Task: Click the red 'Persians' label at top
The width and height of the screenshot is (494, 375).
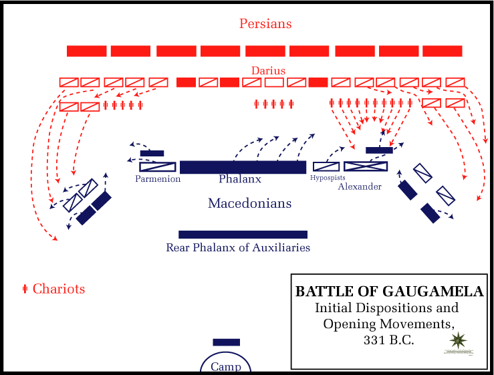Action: [x=265, y=24]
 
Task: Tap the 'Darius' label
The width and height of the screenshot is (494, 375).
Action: [x=268, y=70]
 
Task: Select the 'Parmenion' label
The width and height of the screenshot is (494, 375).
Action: [x=158, y=179]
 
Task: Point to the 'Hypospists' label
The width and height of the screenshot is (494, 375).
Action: [x=328, y=178]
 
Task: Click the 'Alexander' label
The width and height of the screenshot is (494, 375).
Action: [x=360, y=186]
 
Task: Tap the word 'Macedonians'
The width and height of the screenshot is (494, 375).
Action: [x=249, y=203]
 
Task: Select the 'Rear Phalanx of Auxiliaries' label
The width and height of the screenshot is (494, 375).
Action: [x=238, y=247]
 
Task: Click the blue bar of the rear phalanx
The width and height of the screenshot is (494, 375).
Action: [x=243, y=235]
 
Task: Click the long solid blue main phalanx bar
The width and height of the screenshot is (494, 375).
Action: [x=243, y=167]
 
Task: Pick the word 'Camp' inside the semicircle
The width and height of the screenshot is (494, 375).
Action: [x=225, y=366]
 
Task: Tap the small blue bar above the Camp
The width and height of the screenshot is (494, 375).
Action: [x=226, y=342]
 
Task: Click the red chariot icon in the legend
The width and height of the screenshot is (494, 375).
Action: [x=25, y=289]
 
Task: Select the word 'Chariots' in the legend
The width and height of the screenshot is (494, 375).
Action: [x=59, y=289]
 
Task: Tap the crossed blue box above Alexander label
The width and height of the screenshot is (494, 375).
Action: [x=366, y=166]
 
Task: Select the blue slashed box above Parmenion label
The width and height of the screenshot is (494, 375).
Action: [x=158, y=167]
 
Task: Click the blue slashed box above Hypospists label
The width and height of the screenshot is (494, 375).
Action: [x=326, y=166]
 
